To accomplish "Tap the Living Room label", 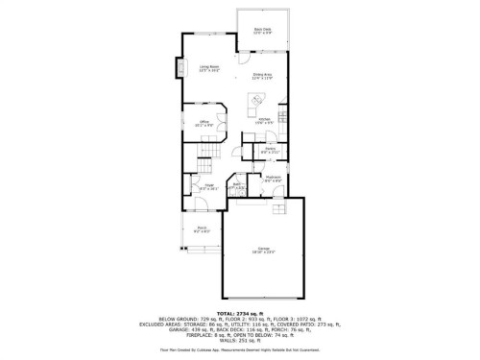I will (x=198, y=69).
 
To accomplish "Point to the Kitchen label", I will (x=265, y=120).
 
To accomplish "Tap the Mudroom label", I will (x=272, y=179).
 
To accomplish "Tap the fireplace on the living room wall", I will (x=179, y=69).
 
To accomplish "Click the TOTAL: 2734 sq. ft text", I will (x=239, y=313).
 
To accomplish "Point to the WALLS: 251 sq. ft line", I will (x=240, y=339).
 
